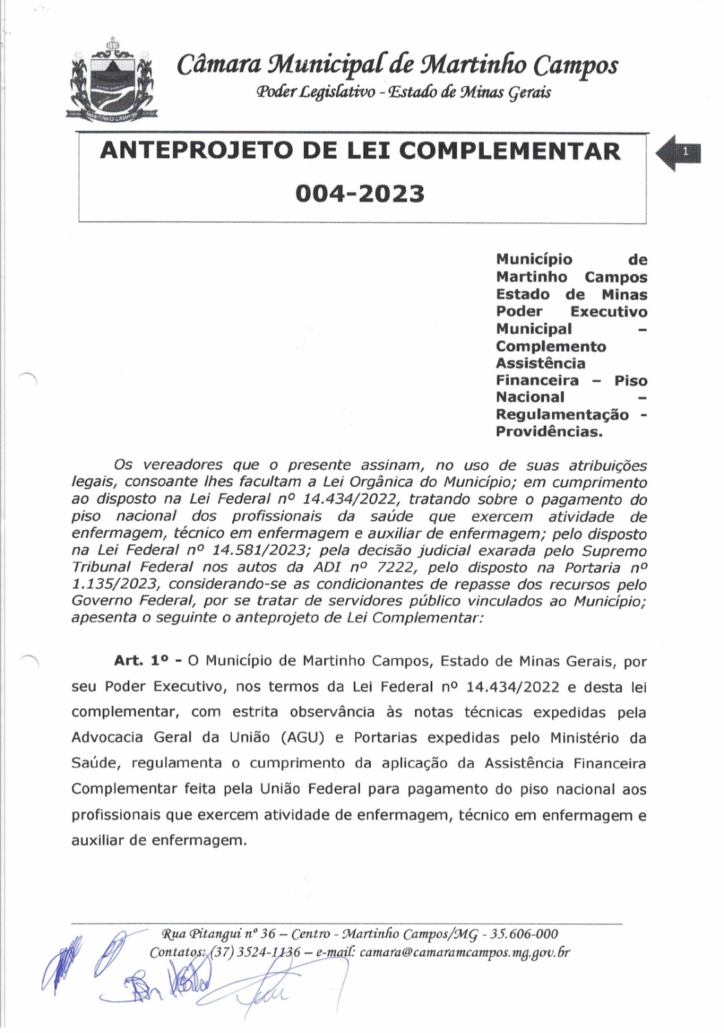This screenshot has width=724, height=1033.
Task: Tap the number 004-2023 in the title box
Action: pyautogui.click(x=360, y=193)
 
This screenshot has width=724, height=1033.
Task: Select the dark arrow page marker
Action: pyautogui.click(x=678, y=153)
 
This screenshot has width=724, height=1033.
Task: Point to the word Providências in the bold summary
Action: pyautogui.click(x=549, y=431)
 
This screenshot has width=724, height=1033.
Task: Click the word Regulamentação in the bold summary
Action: pyautogui.click(x=562, y=414)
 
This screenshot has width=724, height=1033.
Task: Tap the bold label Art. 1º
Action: pyautogui.click(x=143, y=661)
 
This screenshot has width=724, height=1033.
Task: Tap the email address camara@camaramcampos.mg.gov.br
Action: pyautogui.click(x=464, y=952)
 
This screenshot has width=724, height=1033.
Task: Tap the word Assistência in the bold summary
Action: pyautogui.click(x=541, y=363)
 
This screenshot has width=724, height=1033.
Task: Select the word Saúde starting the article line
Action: pyautogui.click(x=96, y=763)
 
